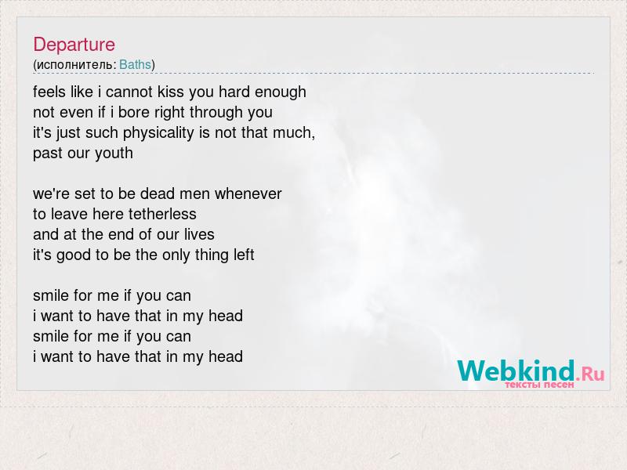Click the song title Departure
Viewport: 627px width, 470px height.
pyautogui.click(x=74, y=45)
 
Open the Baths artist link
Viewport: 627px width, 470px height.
pyautogui.click(x=135, y=65)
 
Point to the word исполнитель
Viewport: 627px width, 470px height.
pyautogui.click(x=74, y=65)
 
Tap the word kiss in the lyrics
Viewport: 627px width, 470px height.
pyautogui.click(x=171, y=92)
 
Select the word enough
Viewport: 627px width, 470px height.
pyautogui.click(x=281, y=92)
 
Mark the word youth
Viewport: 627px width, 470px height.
pyautogui.click(x=117, y=154)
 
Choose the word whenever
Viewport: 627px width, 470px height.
pyautogui.click(x=248, y=193)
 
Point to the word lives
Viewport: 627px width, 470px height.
pyautogui.click(x=199, y=234)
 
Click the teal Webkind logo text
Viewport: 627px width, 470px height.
pyautogui.click(x=516, y=371)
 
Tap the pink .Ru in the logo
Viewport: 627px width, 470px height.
pyautogui.click(x=590, y=374)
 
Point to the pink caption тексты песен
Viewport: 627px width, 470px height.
pyautogui.click(x=539, y=385)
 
